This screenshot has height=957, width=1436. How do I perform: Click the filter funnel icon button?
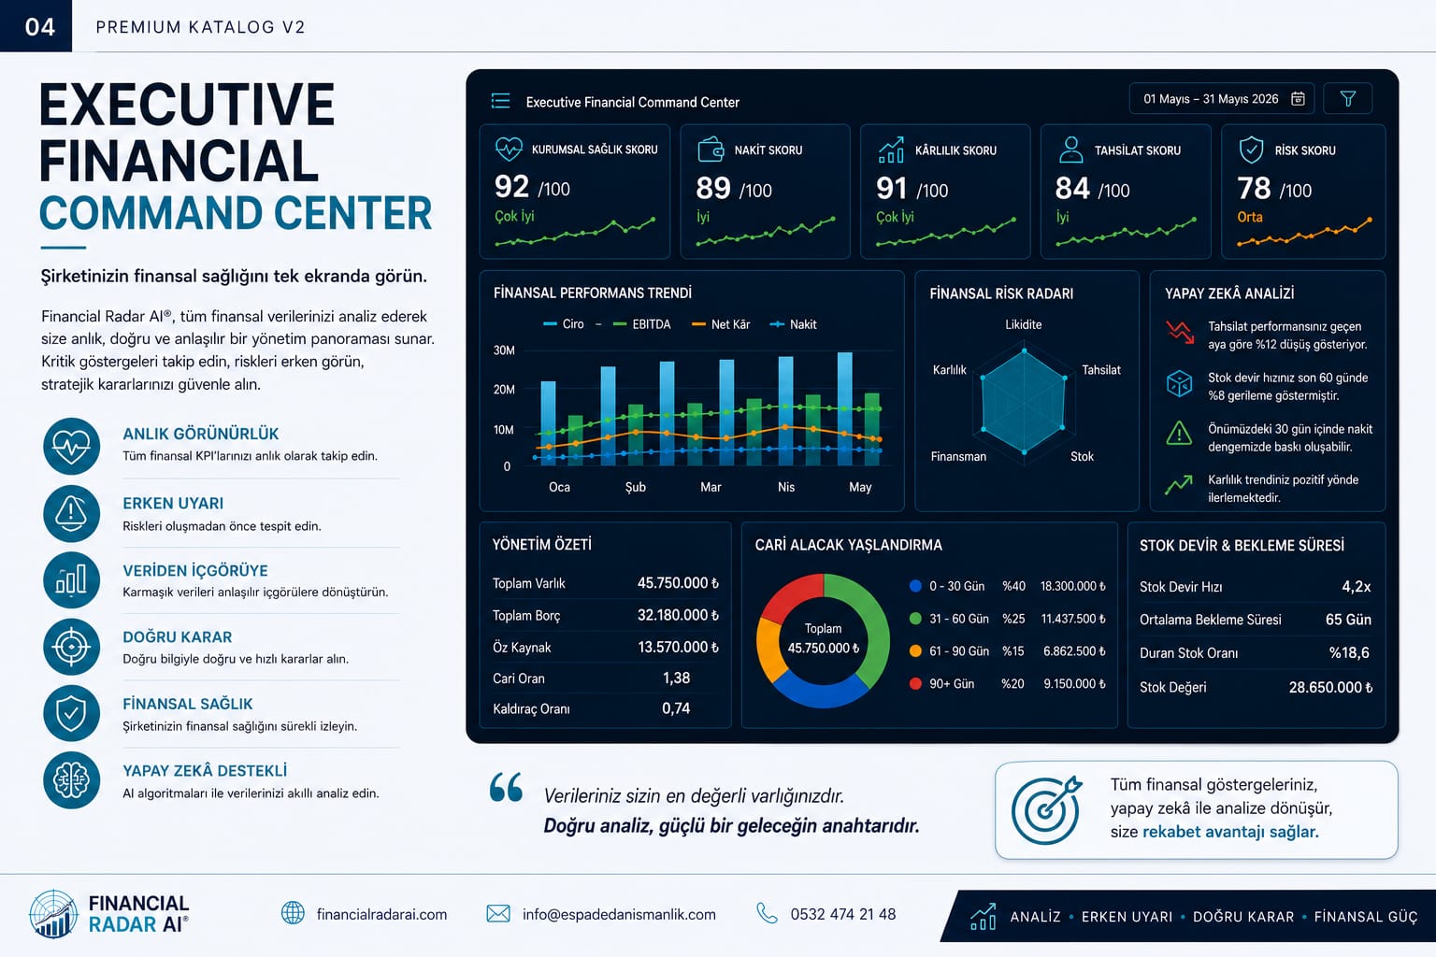1347,99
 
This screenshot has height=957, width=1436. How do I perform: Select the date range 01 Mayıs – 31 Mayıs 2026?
1211,99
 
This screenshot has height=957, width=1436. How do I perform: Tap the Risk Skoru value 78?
1254,189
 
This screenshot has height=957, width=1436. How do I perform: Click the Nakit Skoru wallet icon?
711,150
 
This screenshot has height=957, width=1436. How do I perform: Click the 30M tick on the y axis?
504,350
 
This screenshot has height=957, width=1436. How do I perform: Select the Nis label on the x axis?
786,487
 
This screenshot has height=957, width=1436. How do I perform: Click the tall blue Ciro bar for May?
845,408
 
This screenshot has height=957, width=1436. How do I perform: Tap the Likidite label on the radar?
1023,324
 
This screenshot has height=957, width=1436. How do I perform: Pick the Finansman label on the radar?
958,456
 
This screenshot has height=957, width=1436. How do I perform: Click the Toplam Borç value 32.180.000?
678,615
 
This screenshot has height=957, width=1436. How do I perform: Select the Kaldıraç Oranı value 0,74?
676,708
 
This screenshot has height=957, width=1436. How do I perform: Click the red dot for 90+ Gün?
915,683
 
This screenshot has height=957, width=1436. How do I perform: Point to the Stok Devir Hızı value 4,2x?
1356,587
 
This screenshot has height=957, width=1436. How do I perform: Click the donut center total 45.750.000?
823,648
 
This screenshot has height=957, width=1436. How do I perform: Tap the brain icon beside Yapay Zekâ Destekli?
71,780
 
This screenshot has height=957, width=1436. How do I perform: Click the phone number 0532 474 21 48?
843,914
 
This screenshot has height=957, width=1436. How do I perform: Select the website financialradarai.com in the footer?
381,914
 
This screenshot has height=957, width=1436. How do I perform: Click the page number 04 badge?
39,27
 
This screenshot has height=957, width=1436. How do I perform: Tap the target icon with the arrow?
1046,809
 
